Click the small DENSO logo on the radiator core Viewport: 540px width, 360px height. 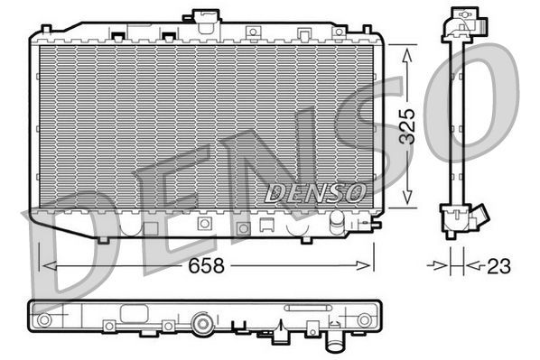pyautogui.click(x=315, y=192)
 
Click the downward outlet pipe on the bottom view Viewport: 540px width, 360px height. pyautogui.click(x=336, y=343)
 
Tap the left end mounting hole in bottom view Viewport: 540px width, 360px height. pyautogui.click(x=43, y=320)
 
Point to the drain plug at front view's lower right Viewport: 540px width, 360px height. pyautogui.click(x=336, y=222)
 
